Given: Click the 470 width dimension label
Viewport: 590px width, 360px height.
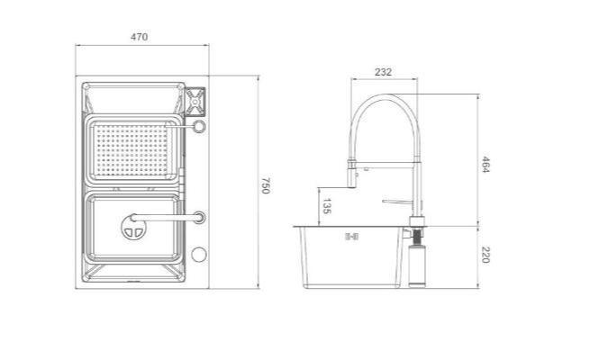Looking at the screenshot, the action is (140, 37).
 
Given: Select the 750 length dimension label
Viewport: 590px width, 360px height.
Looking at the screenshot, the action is (265, 185).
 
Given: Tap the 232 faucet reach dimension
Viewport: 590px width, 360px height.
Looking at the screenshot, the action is (383, 72).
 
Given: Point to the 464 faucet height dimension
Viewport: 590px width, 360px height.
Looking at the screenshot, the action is (485, 164).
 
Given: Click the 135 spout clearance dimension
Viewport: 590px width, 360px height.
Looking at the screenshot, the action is (326, 206).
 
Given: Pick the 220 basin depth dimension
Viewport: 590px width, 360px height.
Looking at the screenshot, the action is (485, 255).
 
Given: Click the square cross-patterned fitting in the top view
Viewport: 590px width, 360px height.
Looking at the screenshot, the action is (195, 102).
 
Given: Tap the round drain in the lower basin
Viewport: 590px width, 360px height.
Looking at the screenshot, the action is (133, 228).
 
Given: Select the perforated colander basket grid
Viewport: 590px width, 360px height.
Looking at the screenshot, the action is (132, 149).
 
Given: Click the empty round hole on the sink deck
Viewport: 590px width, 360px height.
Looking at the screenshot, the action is (198, 255).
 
